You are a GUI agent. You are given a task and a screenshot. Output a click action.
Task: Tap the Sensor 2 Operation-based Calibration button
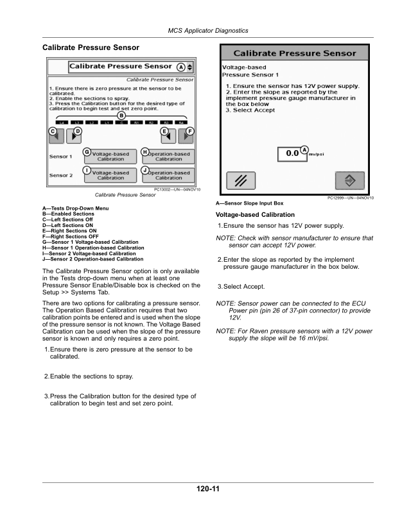168,175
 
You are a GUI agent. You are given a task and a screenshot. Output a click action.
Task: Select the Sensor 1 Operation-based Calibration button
168,157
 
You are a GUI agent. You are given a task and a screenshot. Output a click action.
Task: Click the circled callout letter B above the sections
121,115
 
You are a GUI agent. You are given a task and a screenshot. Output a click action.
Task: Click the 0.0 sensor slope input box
293,153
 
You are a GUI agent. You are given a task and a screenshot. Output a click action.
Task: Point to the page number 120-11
209,489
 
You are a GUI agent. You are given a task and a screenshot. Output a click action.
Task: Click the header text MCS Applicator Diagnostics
208,31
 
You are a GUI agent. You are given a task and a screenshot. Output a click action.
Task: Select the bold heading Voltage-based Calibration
256,215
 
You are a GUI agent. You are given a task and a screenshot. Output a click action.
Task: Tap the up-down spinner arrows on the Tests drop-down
190,67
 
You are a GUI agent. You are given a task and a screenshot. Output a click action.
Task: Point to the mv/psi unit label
317,155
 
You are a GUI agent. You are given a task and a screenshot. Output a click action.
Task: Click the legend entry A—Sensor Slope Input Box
250,203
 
